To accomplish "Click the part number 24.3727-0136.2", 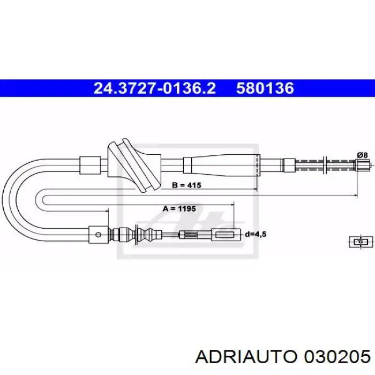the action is coord(155,88).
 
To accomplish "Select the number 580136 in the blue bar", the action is coord(265,88).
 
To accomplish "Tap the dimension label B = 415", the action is coord(186,185).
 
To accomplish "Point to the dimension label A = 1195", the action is coord(179,209).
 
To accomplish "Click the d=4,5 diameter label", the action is coord(256,234).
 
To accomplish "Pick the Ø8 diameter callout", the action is coord(362,155).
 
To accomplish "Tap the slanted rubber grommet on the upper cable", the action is coord(134,165).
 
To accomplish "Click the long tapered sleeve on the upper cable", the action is coord(221,165).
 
